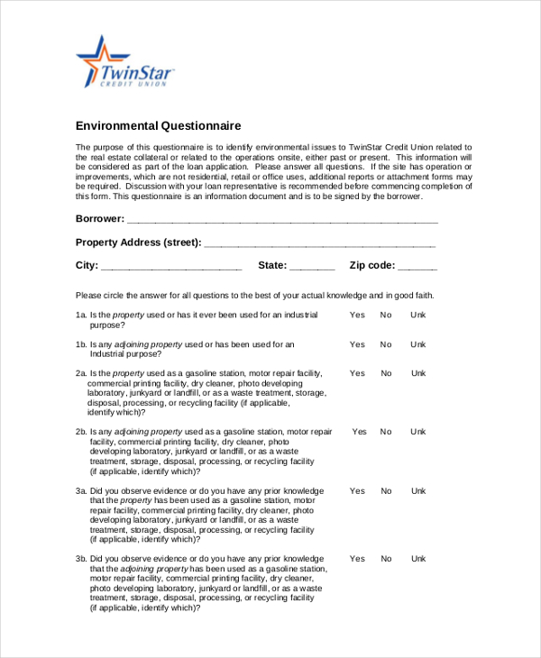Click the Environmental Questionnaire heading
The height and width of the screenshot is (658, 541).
[x=158, y=125]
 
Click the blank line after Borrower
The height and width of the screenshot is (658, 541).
[x=282, y=220]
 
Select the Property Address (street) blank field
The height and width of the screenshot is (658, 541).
[x=320, y=243]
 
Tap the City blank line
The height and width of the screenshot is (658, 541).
[x=171, y=267]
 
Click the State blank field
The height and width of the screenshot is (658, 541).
[x=312, y=267]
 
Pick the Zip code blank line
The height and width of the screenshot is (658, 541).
[x=417, y=267]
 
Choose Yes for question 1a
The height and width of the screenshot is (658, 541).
[x=357, y=315]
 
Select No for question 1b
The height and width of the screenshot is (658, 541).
[x=386, y=344]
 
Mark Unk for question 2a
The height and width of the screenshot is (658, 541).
[x=418, y=373]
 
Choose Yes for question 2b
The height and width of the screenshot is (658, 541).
[x=360, y=432]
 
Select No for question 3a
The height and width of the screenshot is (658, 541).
[x=386, y=490]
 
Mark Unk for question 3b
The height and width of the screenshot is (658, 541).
[x=418, y=559]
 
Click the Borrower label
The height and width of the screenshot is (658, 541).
[x=99, y=219]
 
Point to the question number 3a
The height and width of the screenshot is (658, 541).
[x=81, y=491]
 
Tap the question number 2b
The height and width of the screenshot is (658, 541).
[x=81, y=432]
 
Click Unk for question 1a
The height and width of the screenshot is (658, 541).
[x=418, y=315]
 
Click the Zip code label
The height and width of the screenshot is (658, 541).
[x=371, y=266]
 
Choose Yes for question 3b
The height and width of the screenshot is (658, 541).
[x=357, y=559]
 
